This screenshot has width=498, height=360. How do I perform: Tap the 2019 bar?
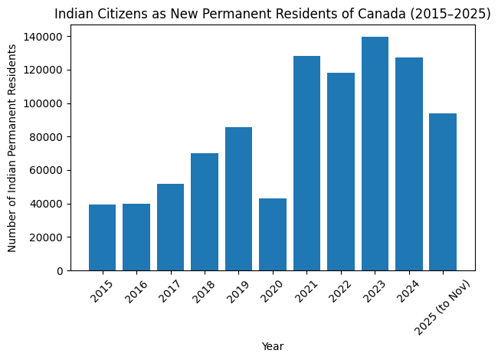(x=238, y=199)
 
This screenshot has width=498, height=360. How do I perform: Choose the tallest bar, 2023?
(x=375, y=153)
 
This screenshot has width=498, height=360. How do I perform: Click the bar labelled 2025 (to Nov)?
(x=443, y=191)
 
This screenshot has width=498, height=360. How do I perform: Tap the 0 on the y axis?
(x=60, y=271)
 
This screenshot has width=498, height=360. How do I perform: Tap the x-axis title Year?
(x=272, y=347)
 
